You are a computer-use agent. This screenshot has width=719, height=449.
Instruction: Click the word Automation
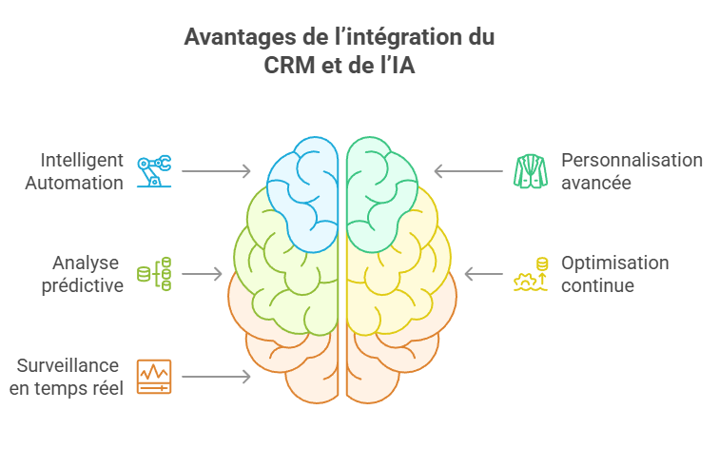[x=81, y=183]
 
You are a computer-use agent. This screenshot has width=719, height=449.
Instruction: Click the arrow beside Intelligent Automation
[x=216, y=171]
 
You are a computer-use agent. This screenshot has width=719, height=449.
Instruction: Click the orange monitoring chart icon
[x=153, y=377]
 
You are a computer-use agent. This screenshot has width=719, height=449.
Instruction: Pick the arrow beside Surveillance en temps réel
[x=216, y=377]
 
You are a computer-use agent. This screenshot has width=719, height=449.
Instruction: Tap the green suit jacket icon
[x=531, y=171]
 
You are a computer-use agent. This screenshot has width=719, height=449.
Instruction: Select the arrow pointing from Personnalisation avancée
[x=468, y=171]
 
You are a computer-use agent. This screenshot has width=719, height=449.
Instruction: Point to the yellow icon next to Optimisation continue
[x=531, y=274]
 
